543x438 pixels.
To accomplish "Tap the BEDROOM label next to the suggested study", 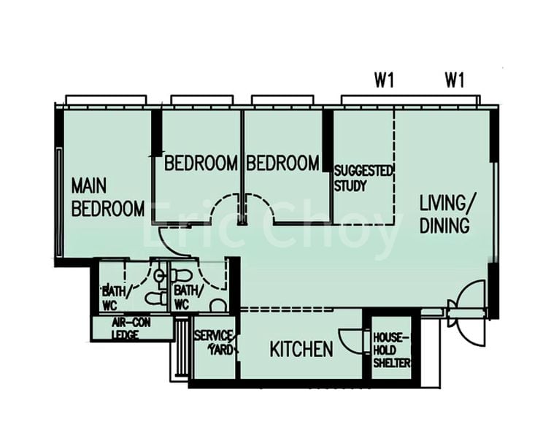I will pyautogui.click(x=282, y=163).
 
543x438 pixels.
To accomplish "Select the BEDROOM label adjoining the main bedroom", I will pyautogui.click(x=201, y=163).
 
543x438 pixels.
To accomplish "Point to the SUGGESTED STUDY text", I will pyautogui.click(x=363, y=178).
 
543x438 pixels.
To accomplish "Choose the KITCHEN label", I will pyautogui.click(x=301, y=350).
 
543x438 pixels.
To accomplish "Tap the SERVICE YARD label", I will pyautogui.click(x=214, y=342).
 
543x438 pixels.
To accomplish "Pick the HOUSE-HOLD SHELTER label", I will pyautogui.click(x=392, y=350).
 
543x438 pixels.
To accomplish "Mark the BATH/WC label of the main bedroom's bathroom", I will pyautogui.click(x=116, y=295).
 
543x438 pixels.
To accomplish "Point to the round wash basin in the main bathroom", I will pyautogui.click(x=159, y=276).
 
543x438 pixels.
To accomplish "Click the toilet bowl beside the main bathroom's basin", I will pyautogui.click(x=153, y=298).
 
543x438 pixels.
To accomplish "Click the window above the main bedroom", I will pyautogui.click(x=106, y=99).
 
